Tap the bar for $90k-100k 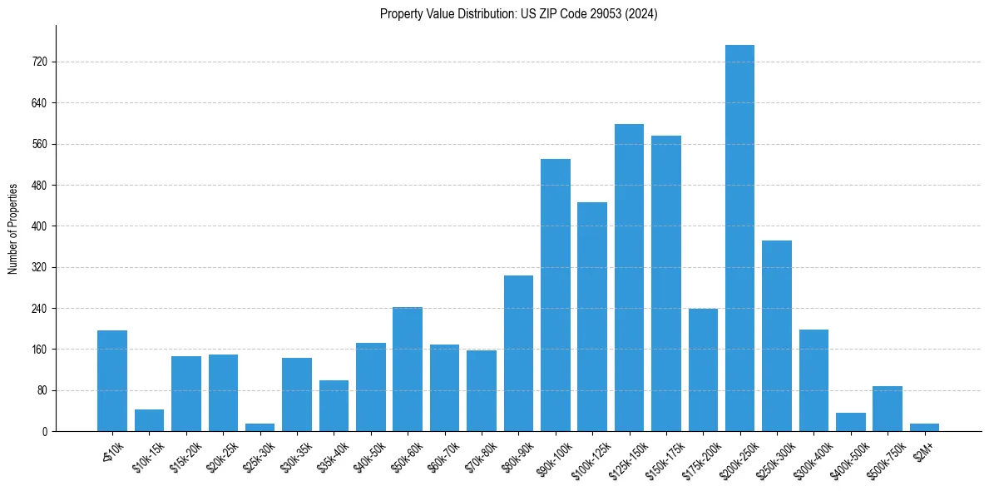(555, 295)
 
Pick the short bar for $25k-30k (260, 427)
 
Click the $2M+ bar (924, 427)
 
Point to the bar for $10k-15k (149, 420)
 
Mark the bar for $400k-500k (850, 422)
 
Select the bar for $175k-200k (703, 369)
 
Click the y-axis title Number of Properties (13, 228)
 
